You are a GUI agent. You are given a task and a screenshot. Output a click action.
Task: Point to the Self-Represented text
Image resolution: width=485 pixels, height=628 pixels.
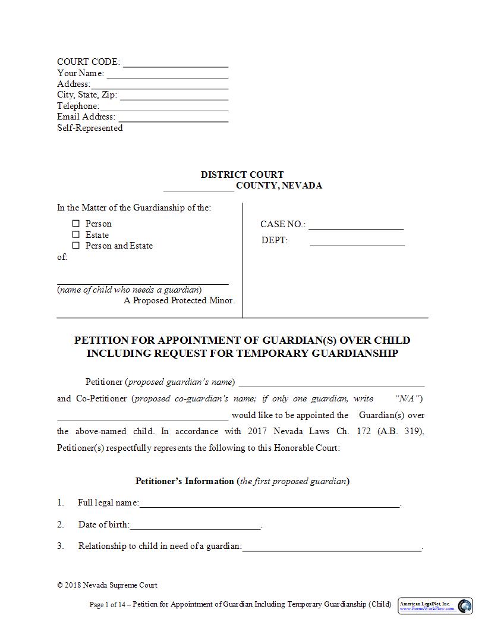point(90,128)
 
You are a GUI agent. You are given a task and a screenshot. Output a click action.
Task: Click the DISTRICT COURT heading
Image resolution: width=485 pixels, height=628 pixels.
point(242,175)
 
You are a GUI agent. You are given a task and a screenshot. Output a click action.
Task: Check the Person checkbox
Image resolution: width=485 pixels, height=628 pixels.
point(75,224)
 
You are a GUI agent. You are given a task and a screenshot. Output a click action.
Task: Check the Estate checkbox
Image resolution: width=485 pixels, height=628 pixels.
point(75,235)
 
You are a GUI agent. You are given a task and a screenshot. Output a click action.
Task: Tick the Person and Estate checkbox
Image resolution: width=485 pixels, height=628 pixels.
point(75,246)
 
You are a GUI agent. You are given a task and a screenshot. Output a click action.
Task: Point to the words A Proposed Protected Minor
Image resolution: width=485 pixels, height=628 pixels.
point(179,300)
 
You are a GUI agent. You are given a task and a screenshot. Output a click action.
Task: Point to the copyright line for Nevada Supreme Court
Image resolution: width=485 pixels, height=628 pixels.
point(107,585)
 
